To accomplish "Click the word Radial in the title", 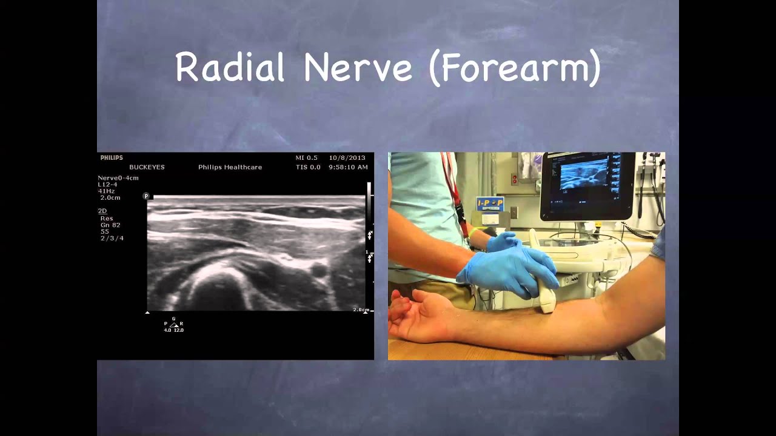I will click(x=230, y=67).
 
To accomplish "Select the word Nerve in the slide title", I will click(x=358, y=67).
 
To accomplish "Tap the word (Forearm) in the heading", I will click(x=515, y=68).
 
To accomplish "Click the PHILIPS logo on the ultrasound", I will click(x=112, y=158).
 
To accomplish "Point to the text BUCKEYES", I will click(x=147, y=167).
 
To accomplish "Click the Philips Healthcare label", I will click(x=230, y=167).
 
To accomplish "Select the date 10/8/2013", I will click(x=347, y=158).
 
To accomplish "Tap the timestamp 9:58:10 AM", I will click(x=348, y=167).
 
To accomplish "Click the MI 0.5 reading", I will click(x=306, y=158).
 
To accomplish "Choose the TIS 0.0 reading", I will click(x=307, y=167).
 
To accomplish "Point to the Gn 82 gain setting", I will click(x=110, y=225).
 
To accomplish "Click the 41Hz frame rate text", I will click(x=107, y=191).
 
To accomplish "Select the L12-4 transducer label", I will click(x=109, y=184).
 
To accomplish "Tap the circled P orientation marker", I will click(x=146, y=196).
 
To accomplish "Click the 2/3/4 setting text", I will click(x=112, y=239).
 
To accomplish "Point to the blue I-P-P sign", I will click(x=489, y=203).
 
